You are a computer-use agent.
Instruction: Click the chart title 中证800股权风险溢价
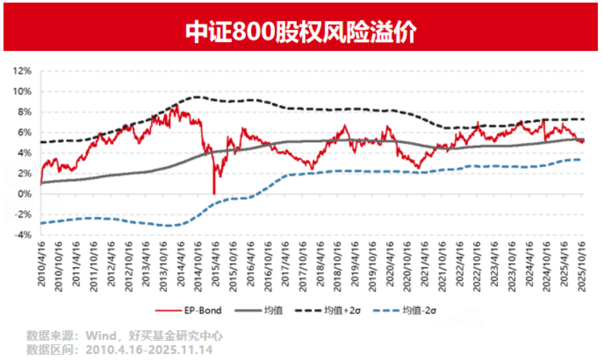click(x=301, y=31)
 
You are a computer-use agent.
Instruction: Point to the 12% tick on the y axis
click(x=22, y=71)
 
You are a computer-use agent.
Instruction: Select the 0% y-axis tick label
click(x=24, y=194)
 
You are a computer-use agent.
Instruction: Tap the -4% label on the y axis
click(x=22, y=235)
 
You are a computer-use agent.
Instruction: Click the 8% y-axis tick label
click(x=24, y=112)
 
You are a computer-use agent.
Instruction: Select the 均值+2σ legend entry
click(x=343, y=311)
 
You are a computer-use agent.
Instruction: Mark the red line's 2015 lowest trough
click(x=214, y=193)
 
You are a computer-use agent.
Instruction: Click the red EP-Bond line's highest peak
click(x=179, y=105)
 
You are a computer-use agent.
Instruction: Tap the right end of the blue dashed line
click(x=581, y=160)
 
